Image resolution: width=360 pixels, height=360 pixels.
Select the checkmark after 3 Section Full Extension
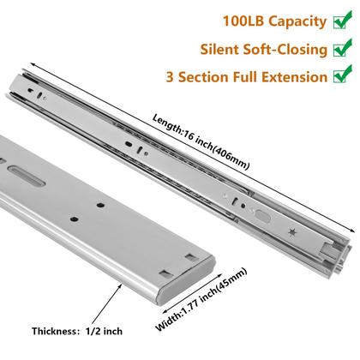click(342, 76)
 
